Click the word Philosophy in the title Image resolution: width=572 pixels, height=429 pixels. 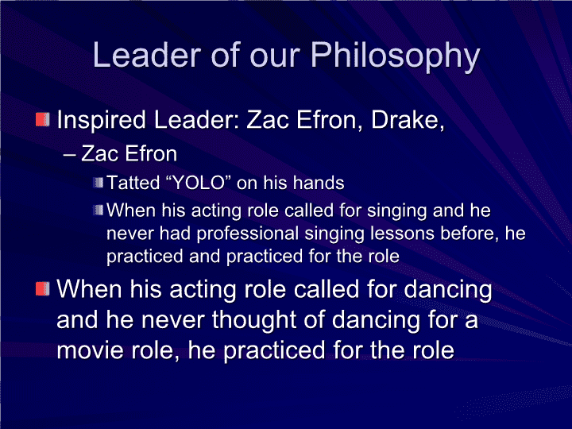(x=395, y=56)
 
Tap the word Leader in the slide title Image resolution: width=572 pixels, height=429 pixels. (x=147, y=55)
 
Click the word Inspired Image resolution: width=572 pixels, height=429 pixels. (x=102, y=121)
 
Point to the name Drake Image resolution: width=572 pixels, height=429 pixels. (x=408, y=120)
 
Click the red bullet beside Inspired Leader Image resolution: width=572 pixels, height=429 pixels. (x=43, y=120)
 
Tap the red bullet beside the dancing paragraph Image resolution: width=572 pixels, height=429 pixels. (x=43, y=288)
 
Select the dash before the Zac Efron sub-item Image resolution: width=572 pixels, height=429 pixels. (x=69, y=155)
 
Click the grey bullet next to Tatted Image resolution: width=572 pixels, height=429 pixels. (x=99, y=183)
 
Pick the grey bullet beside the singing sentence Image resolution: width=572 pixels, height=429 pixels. (x=99, y=210)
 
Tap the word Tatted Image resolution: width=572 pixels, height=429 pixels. (x=133, y=183)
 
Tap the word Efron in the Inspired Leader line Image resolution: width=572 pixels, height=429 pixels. (x=327, y=120)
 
